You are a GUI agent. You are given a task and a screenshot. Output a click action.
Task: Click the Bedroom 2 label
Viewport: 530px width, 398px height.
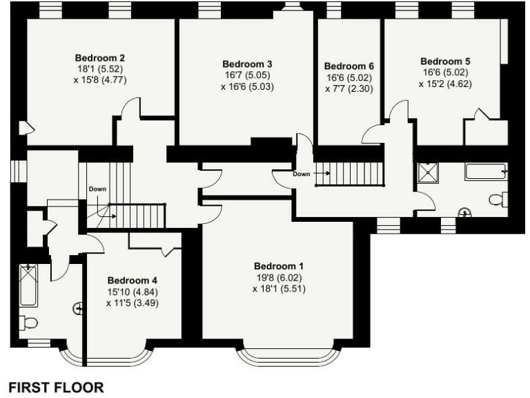(x=99, y=57)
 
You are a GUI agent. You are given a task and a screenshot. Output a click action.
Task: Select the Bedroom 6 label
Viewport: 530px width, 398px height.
(x=349, y=66)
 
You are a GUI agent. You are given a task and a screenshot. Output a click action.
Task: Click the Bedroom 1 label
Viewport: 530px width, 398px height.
(x=278, y=266)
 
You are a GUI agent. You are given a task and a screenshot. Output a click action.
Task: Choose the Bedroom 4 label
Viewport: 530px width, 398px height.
(x=132, y=281)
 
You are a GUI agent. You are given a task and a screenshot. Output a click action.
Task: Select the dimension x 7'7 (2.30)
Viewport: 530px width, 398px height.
(x=349, y=88)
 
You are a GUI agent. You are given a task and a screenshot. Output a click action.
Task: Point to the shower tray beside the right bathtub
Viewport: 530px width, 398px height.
(x=431, y=172)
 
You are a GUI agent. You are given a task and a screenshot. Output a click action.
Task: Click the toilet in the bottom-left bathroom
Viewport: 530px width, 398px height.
(x=28, y=322)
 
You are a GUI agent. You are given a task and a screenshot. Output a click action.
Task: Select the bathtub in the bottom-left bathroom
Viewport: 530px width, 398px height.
(x=28, y=285)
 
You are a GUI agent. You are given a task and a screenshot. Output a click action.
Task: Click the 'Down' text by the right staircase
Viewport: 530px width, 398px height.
(x=302, y=174)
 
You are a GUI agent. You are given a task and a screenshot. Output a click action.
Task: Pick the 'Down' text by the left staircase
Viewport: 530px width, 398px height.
(x=97, y=189)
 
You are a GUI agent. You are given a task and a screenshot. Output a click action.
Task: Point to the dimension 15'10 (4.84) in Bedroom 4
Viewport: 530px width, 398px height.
(x=132, y=292)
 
